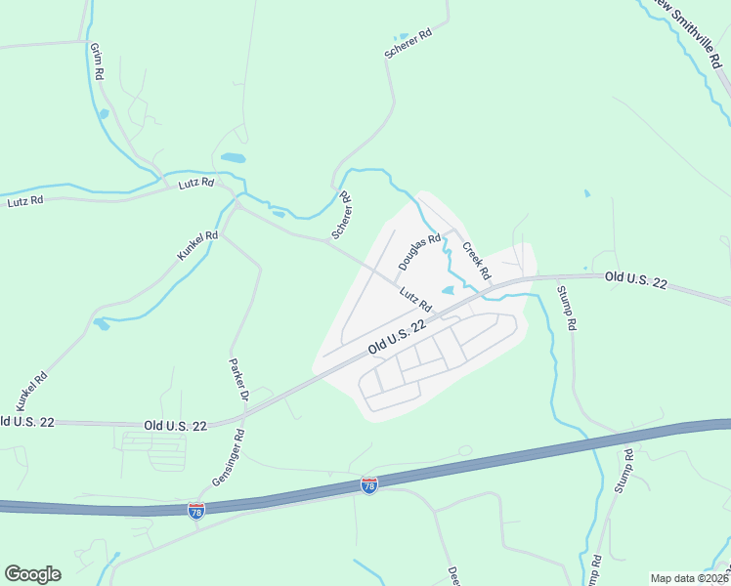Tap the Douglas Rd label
tap(419, 253)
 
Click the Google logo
tap(32, 574)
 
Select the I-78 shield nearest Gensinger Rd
tap(195, 511)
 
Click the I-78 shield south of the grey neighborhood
tap(369, 485)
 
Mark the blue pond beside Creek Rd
tap(448, 290)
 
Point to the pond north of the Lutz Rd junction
tap(233, 157)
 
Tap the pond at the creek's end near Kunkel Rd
tap(101, 323)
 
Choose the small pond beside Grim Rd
tap(103, 113)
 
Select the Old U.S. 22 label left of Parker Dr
tap(175, 427)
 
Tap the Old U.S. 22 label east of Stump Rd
tap(635, 279)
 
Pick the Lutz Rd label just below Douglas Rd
tap(415, 300)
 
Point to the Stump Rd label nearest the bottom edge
tap(595, 570)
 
